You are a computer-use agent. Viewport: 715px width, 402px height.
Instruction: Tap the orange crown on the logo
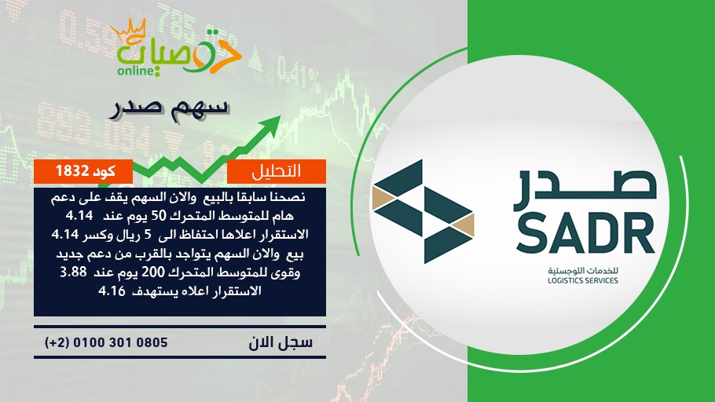click(128, 31)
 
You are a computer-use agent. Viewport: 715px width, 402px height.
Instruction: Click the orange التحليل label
click(276, 171)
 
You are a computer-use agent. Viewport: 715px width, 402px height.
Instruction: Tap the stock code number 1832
click(72, 171)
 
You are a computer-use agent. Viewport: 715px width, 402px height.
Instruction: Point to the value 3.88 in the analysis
click(73, 272)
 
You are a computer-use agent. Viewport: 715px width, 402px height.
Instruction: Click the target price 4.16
click(112, 291)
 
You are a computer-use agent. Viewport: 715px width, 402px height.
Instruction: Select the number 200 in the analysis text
click(152, 272)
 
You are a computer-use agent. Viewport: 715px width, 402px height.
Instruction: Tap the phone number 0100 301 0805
click(120, 342)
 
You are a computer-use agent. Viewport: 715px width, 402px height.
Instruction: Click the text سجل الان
click(280, 342)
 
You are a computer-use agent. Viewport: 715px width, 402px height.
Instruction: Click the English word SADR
click(586, 233)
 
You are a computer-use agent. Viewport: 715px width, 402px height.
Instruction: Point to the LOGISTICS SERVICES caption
click(583, 281)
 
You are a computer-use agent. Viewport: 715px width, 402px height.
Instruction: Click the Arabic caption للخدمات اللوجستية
click(583, 271)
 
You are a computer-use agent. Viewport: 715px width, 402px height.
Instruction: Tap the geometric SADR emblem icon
click(423, 211)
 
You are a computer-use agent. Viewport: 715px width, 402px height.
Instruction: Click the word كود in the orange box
click(104, 171)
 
